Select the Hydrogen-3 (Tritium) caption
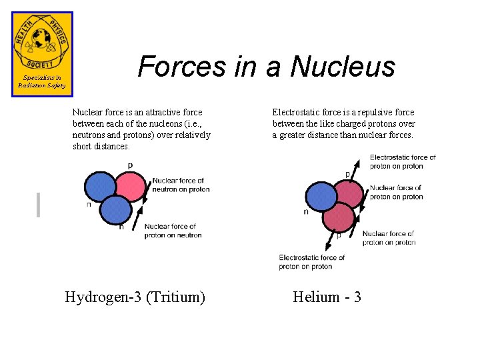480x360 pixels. pyautogui.click(x=135, y=297)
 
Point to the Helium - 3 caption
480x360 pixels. pyautogui.click(x=327, y=297)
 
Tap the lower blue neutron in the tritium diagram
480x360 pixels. pyautogui.click(x=117, y=209)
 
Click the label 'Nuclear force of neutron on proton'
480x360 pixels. pyautogui.click(x=181, y=185)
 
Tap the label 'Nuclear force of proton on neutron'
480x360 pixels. pyautogui.click(x=173, y=231)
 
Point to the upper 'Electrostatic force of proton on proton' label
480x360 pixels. pyautogui.click(x=403, y=161)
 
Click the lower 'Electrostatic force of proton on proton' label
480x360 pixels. pyautogui.click(x=311, y=262)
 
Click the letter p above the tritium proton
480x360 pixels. pyautogui.click(x=130, y=165)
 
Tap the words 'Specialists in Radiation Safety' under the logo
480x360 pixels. pyautogui.click(x=41, y=82)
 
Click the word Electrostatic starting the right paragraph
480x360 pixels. pyautogui.click(x=293, y=113)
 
